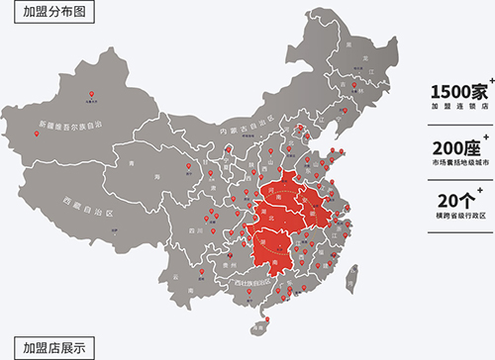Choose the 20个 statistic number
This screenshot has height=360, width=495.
455,201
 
